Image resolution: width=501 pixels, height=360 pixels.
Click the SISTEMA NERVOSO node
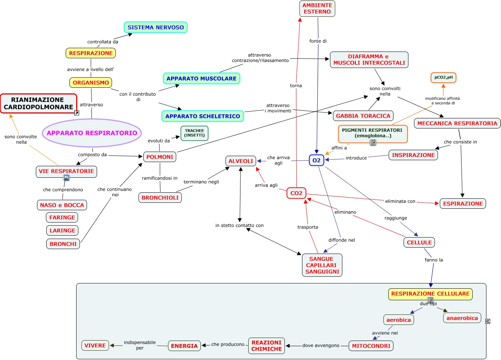point(155,27)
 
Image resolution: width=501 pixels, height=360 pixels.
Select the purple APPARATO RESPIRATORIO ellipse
point(92,133)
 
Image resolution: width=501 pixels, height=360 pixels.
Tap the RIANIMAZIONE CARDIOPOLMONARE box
point(38,103)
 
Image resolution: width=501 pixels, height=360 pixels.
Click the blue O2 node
point(316,160)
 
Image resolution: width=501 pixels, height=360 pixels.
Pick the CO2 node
point(296,193)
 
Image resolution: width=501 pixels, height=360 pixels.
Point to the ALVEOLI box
point(241,161)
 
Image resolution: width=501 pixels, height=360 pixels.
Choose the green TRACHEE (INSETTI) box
point(195,133)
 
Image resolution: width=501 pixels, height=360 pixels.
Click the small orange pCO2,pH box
point(443,77)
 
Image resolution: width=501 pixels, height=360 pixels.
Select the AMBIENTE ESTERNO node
point(317,9)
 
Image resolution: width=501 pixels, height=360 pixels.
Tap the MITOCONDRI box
point(371,346)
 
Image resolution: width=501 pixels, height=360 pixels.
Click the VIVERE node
point(95,345)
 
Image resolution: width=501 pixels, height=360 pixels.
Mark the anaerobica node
point(462,318)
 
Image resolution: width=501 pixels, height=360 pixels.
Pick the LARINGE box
point(62,230)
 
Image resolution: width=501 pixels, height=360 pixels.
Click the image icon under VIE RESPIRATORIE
point(66,178)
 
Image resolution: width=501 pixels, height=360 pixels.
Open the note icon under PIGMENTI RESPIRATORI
point(373,142)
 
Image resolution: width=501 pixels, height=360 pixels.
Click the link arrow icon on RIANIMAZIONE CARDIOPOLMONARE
point(77,113)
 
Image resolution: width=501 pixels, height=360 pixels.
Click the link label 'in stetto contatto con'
point(239,226)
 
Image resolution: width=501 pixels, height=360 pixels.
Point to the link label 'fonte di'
point(318,41)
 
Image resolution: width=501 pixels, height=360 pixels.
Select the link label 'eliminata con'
point(400,201)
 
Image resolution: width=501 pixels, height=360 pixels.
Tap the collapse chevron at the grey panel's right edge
point(488,321)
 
